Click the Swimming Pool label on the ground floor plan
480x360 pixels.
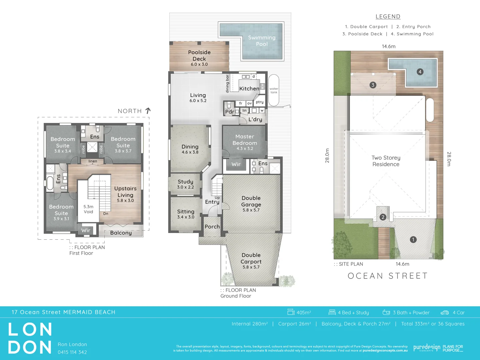[x=262, y=41]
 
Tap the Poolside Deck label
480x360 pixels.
[x=199, y=55]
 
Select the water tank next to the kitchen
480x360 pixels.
[x=274, y=90]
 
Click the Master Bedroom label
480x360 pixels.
[x=245, y=140]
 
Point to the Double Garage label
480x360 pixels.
[x=251, y=201]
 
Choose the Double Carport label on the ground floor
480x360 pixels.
[x=251, y=258]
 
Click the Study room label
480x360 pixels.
[x=185, y=182]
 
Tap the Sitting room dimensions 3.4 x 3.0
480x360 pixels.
[x=186, y=217]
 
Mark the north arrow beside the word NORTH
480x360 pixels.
[x=148, y=111]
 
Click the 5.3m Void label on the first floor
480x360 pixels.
[x=88, y=209]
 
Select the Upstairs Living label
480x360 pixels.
[x=125, y=192]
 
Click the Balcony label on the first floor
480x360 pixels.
[x=121, y=233]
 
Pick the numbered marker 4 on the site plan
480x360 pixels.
[x=420, y=72]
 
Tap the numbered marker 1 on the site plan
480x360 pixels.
[x=413, y=239]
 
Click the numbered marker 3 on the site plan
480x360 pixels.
[x=373, y=85]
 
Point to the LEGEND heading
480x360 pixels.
[x=388, y=17]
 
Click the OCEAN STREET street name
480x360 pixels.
[x=388, y=276]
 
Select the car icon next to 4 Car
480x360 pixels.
[x=445, y=313]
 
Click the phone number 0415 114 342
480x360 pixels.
[x=72, y=352]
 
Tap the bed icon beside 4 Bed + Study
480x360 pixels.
[x=332, y=312]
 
